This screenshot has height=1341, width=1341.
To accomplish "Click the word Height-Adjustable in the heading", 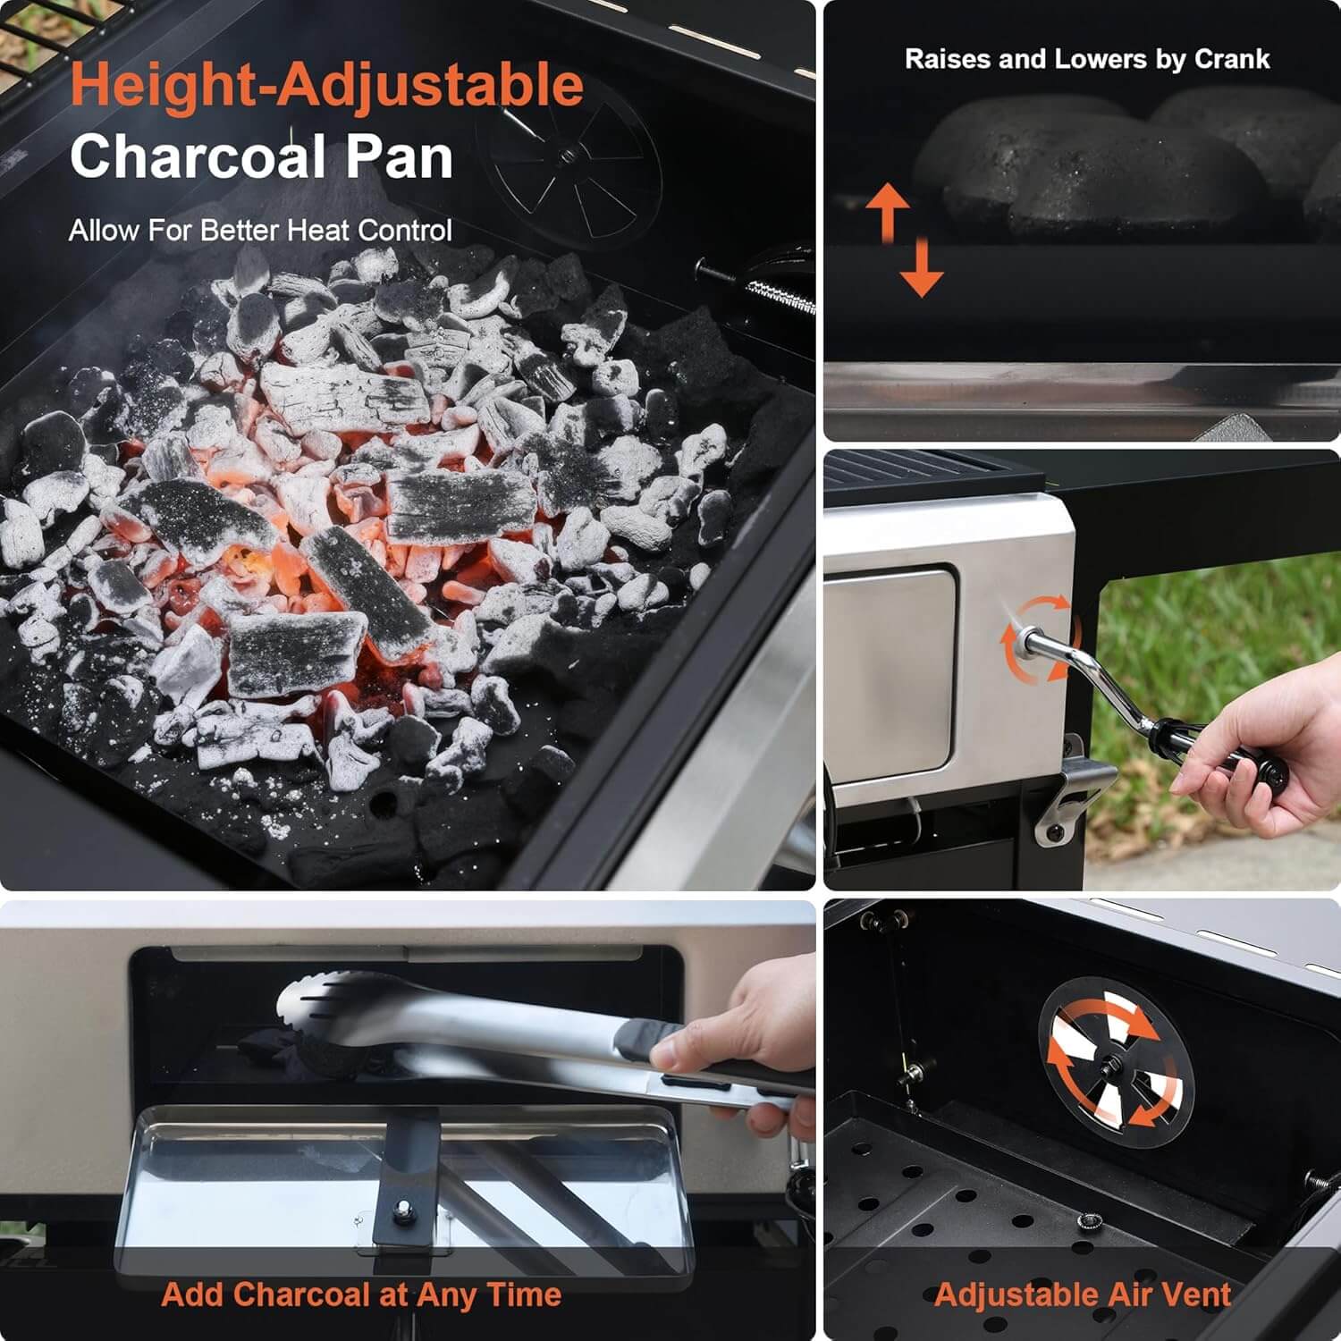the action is click(327, 86).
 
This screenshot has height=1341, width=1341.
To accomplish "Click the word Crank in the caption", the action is click(1232, 59).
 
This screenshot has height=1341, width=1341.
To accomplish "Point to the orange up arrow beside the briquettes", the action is click(887, 213).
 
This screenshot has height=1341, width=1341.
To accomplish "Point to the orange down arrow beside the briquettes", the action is click(922, 266).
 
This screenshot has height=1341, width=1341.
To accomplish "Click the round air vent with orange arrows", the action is click(1116, 1063).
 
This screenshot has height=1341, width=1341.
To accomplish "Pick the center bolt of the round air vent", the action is click(1116, 1064).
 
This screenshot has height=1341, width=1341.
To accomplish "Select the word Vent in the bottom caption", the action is click(1197, 1295).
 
